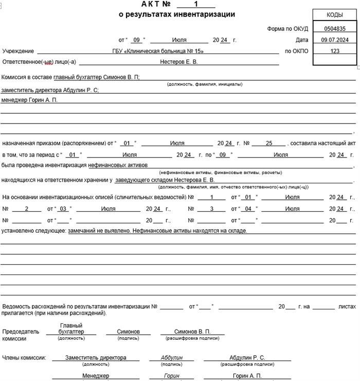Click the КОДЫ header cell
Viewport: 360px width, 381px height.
[335, 15]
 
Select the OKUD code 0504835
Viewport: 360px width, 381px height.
[335, 29]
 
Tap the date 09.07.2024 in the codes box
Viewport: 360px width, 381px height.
[335, 40]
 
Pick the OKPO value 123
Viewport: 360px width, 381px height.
[335, 51]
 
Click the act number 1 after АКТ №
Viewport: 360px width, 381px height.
[196, 4]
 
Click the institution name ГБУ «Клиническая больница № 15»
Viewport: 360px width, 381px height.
[158, 51]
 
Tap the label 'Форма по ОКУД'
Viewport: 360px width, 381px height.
[287, 29]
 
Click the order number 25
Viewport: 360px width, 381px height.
[268, 143]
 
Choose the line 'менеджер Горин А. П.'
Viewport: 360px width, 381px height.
[29, 100]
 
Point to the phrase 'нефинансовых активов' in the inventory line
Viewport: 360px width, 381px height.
[118, 165]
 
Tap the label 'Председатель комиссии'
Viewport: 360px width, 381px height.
[21, 335]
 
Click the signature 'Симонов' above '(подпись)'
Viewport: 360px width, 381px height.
[128, 332]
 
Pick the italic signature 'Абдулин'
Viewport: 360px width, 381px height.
[171, 358]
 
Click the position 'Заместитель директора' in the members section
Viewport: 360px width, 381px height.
[96, 358]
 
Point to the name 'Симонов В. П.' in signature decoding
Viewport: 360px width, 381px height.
[192, 332]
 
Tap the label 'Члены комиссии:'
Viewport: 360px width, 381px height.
[24, 358]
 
